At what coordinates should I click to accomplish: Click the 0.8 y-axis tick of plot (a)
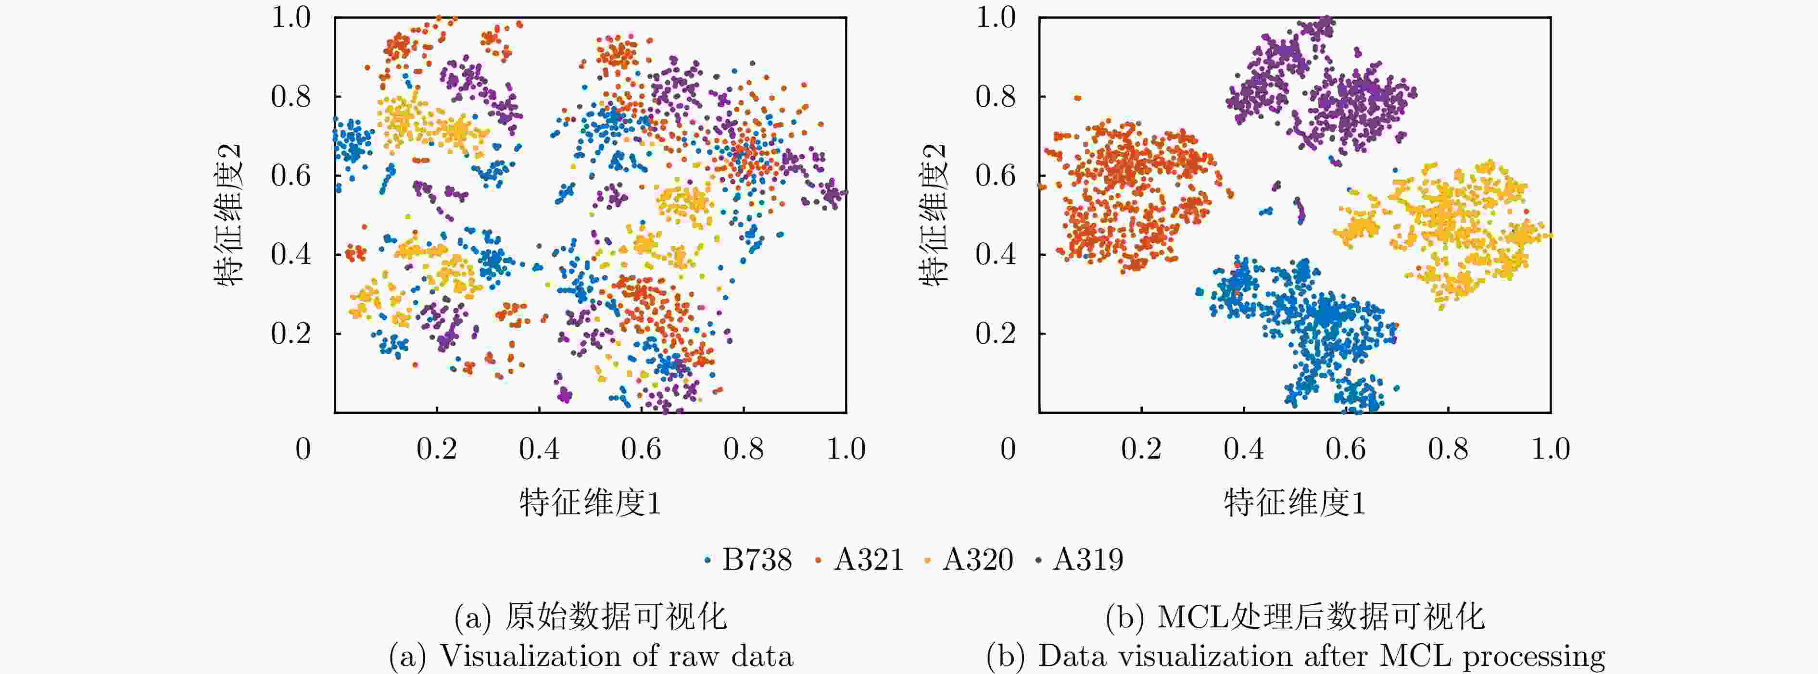[x=291, y=96]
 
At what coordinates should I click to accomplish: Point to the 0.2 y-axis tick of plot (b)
[x=995, y=333]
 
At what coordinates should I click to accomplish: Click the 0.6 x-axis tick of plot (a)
[x=641, y=449]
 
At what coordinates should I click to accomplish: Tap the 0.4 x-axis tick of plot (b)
[x=1244, y=449]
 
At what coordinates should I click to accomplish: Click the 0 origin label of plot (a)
[x=303, y=449]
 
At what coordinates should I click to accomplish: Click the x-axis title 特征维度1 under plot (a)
[x=590, y=502]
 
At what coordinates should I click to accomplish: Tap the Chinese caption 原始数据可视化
[x=616, y=617]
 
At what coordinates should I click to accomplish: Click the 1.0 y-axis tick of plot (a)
[x=291, y=18]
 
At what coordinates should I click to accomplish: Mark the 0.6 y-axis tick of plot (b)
[x=995, y=175]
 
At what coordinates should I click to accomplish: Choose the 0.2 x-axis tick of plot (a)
[x=436, y=449]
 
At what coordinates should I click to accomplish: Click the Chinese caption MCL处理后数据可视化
[x=1320, y=617]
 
